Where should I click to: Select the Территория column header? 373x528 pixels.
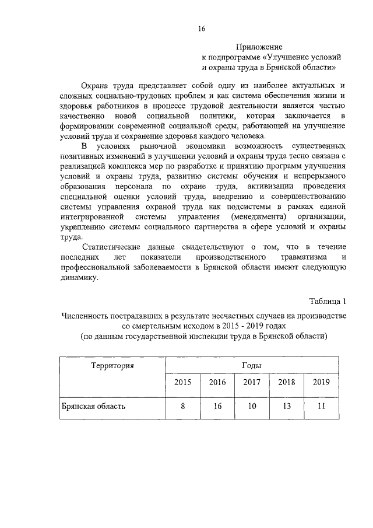click(x=112, y=366)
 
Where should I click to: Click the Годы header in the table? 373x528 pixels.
click(x=251, y=366)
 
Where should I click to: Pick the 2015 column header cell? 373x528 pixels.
click(x=182, y=382)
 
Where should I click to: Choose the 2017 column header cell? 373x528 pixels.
click(x=252, y=382)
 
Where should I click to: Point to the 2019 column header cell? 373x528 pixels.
click(x=321, y=382)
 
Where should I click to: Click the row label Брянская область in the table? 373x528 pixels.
click(x=93, y=406)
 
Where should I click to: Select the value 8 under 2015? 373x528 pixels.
click(x=182, y=406)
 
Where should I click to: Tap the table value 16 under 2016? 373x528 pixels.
click(x=217, y=406)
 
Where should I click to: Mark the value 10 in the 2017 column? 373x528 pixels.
click(x=252, y=406)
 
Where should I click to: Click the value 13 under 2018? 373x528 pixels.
click(x=286, y=406)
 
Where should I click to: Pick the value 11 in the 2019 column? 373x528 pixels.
click(x=321, y=406)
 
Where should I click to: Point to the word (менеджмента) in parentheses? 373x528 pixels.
click(x=255, y=216)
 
